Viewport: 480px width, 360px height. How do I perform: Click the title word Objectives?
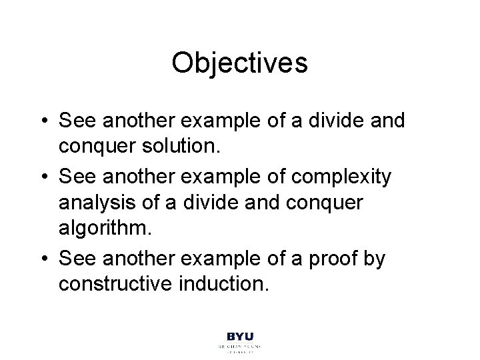pos(239,63)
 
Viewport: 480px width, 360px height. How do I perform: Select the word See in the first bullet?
pos(77,121)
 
